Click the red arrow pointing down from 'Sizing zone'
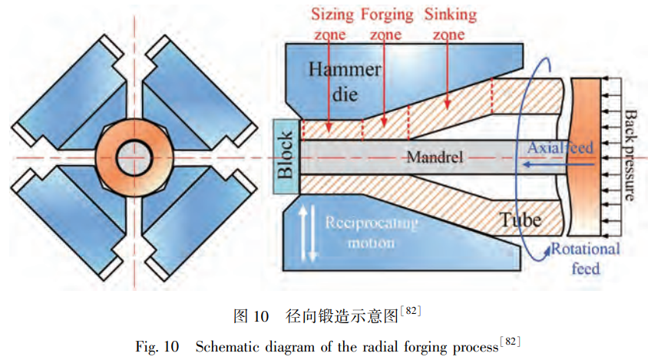(328, 84)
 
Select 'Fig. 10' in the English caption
(160, 345)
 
